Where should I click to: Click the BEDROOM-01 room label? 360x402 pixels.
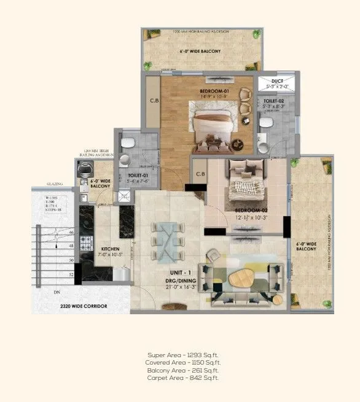[x=213, y=91]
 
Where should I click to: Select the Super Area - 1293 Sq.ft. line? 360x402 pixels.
[x=182, y=355]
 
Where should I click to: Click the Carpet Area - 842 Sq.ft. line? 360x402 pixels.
[x=182, y=378]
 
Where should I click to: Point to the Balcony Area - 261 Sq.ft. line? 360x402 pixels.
[x=182, y=371]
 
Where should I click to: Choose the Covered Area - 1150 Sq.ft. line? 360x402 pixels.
[x=182, y=363]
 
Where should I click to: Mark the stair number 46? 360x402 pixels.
[x=71, y=233]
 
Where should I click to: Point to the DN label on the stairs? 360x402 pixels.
[x=57, y=292]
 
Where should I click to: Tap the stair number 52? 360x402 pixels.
[x=71, y=274]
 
